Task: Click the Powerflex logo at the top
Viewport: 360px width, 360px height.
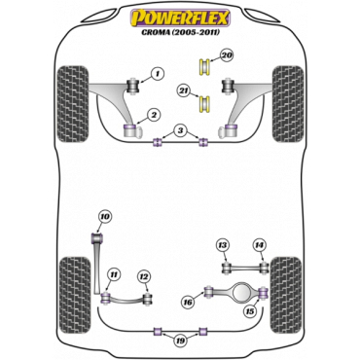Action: (x=180, y=18)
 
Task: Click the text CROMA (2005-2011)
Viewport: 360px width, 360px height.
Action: (x=180, y=32)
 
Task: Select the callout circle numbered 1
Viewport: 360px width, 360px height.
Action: (x=157, y=74)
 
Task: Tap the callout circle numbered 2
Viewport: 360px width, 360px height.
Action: (x=154, y=115)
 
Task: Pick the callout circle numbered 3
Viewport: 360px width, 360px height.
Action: (x=180, y=131)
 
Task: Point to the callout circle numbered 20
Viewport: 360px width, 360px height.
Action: (x=227, y=55)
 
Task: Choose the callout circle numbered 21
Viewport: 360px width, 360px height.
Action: (x=184, y=91)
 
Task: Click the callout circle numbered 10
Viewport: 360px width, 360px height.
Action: (x=104, y=216)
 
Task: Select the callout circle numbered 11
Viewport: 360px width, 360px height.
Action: (x=113, y=275)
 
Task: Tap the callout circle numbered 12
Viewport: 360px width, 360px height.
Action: (x=144, y=276)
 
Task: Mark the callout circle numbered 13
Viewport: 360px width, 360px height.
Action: (x=223, y=245)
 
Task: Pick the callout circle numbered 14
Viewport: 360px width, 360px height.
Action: (x=259, y=245)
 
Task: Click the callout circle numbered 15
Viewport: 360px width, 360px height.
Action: (x=250, y=311)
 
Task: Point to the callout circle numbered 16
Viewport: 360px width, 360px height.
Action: (x=188, y=303)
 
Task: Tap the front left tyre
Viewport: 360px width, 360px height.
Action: (x=73, y=104)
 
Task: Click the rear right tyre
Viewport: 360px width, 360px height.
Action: (x=286, y=295)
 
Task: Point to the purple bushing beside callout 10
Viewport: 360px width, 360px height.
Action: (x=97, y=238)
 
